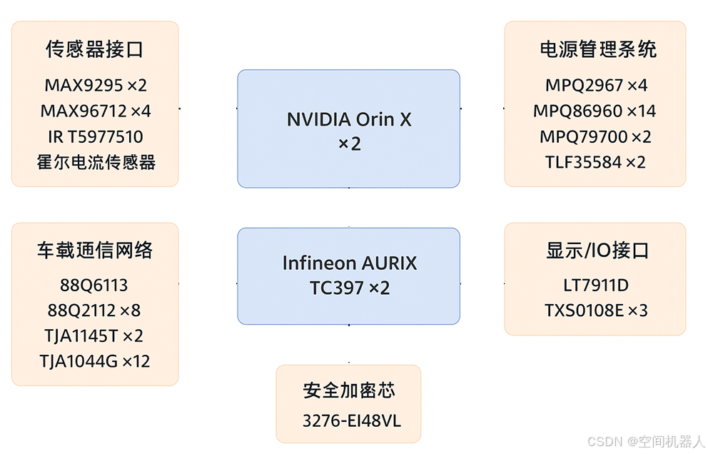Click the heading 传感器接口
pyautogui.click(x=95, y=49)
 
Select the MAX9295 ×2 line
pyautogui.click(x=95, y=86)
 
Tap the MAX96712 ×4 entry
pyautogui.click(x=95, y=111)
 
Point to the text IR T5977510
pyautogui.click(x=95, y=137)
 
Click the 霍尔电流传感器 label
pyautogui.click(x=96, y=162)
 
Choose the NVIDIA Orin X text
pyautogui.click(x=349, y=119)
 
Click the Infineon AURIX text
pyautogui.click(x=349, y=263)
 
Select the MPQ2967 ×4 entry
pyautogui.click(x=596, y=86)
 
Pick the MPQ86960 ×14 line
pyautogui.click(x=595, y=111)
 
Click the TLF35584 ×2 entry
pyautogui.click(x=595, y=162)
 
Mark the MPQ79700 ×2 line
pyautogui.click(x=595, y=137)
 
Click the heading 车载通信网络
pyautogui.click(x=95, y=250)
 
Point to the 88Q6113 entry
pyautogui.click(x=94, y=286)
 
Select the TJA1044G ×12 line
pyautogui.click(x=95, y=361)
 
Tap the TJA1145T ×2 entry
pyautogui.click(x=95, y=336)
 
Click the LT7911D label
pyautogui.click(x=595, y=286)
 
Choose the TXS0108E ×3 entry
pyautogui.click(x=595, y=311)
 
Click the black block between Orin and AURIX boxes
pyautogui.click(x=338, y=208)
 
